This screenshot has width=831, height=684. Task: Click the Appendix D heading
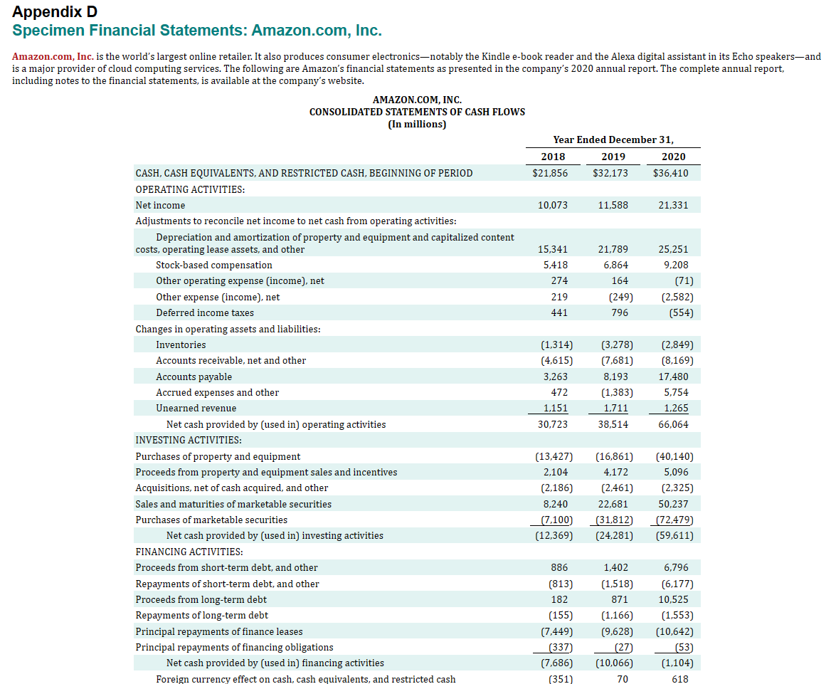point(55,12)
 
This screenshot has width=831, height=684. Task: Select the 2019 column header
point(613,157)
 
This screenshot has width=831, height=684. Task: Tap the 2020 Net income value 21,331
point(673,206)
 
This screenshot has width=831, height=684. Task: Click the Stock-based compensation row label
point(214,265)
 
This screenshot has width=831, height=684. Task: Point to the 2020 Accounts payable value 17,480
point(673,377)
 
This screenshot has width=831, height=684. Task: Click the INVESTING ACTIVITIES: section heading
point(189,441)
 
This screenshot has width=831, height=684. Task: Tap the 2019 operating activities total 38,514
point(613,425)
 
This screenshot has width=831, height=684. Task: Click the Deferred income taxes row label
point(205,313)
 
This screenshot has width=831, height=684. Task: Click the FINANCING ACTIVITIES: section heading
point(189,552)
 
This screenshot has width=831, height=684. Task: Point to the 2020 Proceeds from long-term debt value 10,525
point(673,600)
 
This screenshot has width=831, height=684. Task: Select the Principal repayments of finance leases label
point(219,632)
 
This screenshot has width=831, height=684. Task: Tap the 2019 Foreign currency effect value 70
point(622,679)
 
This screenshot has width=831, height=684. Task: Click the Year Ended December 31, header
point(613,140)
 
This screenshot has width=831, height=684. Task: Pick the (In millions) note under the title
point(417,125)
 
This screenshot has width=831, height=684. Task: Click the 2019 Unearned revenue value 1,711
point(613,409)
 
